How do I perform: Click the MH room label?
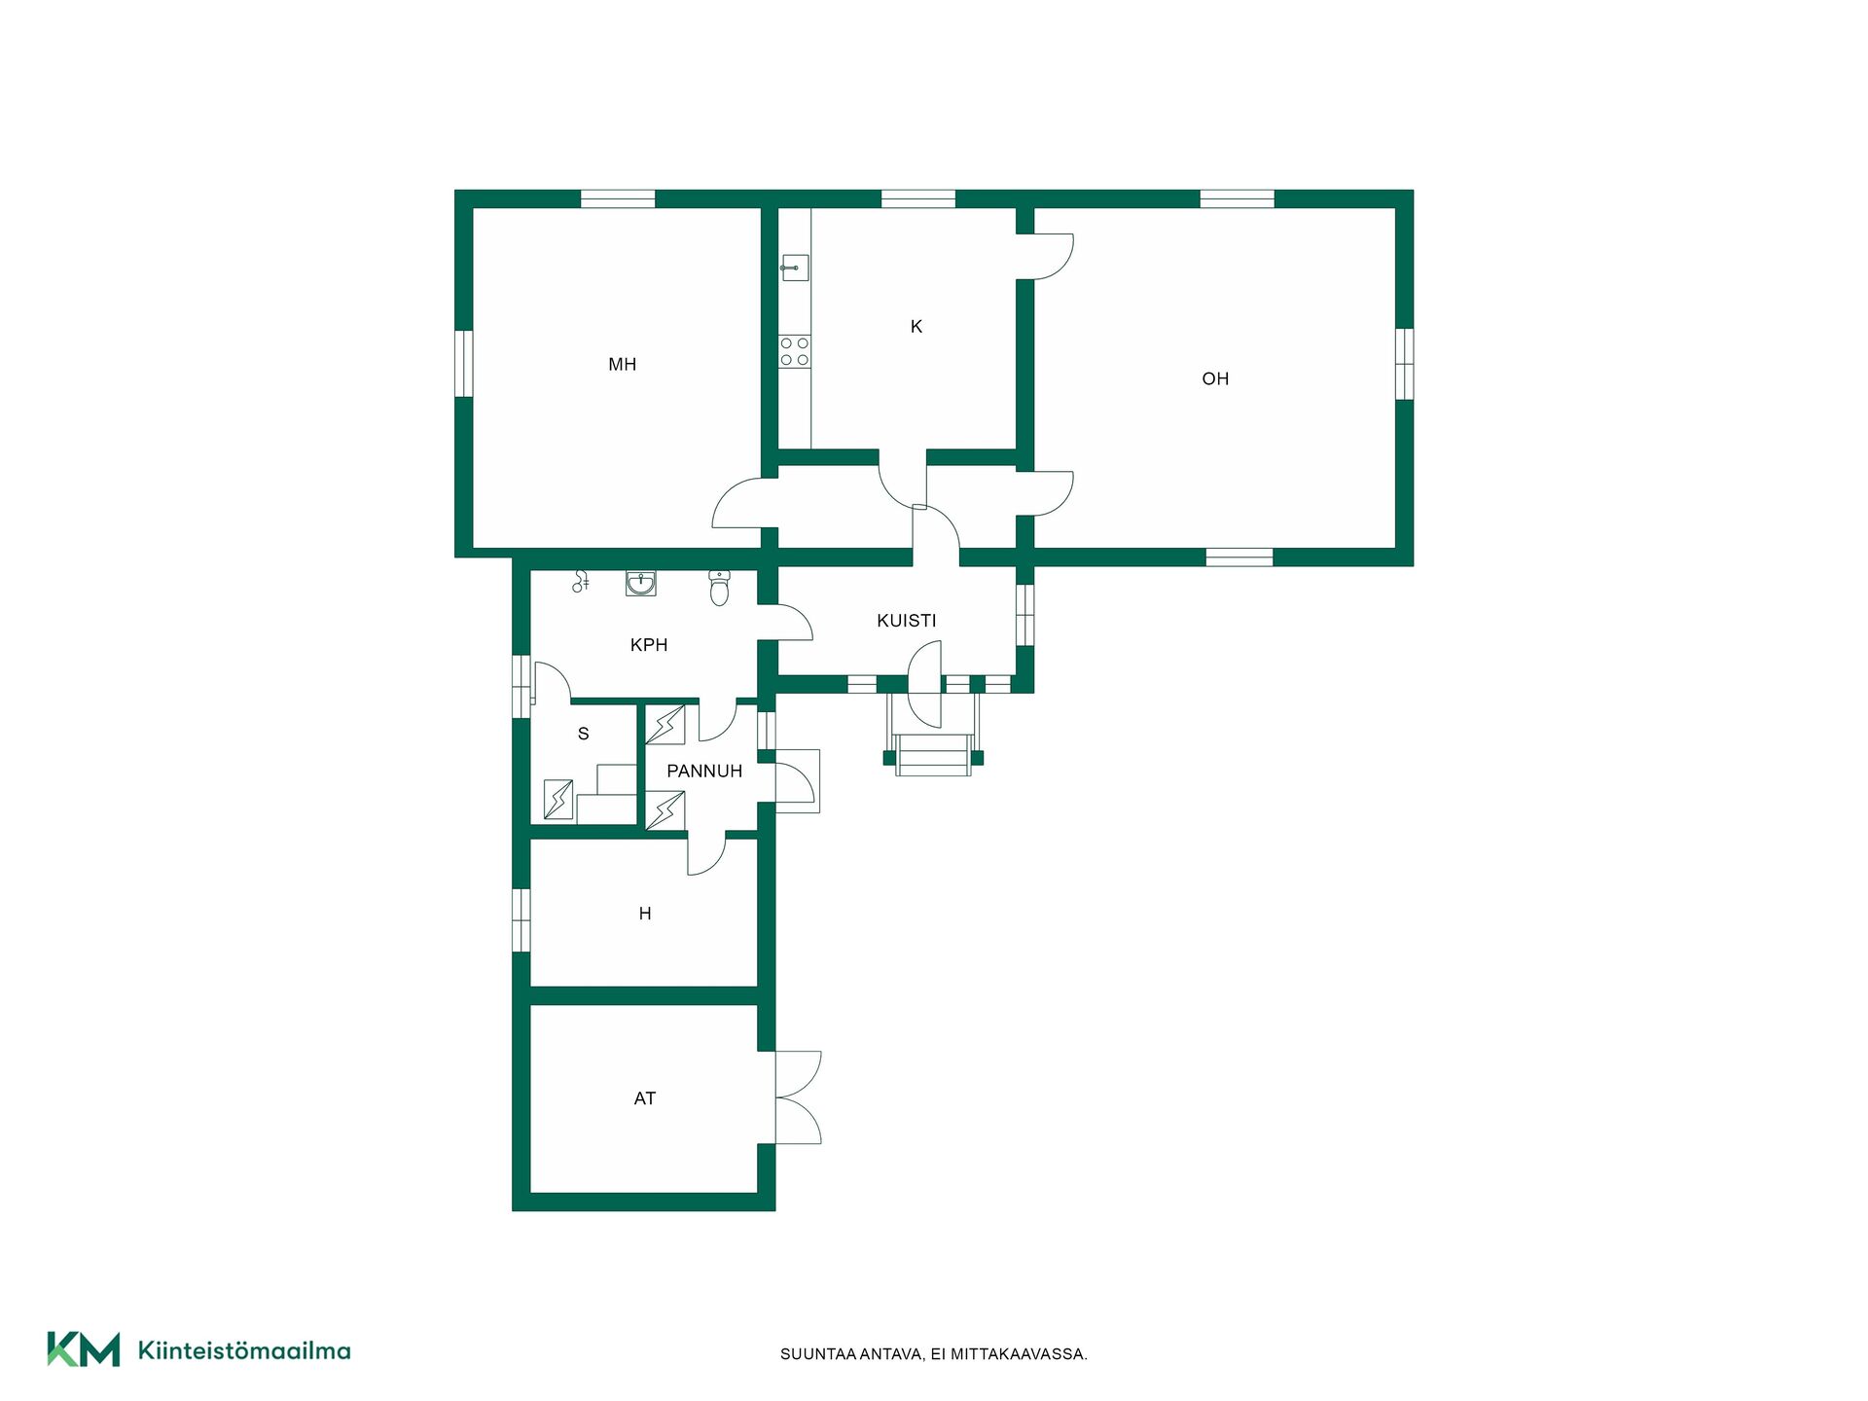pos(622,365)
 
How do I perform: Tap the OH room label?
pos(1215,379)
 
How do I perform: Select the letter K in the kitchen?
pos(916,327)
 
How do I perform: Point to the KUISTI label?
pos(906,621)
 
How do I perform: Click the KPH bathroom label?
pos(649,645)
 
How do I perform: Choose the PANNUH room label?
pos(704,772)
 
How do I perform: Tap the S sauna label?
pos(584,735)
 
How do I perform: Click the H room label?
pos(645,914)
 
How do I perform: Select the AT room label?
pos(645,1098)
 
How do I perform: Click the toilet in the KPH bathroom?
pos(719,588)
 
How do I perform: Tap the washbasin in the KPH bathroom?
pos(640,583)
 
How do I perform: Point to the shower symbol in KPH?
pos(581,581)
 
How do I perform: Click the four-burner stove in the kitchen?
pos(794,351)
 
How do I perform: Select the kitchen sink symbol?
pos(794,268)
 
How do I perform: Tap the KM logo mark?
pos(84,1349)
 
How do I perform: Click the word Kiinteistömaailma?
pos(244,1350)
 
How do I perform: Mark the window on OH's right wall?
pos(1404,364)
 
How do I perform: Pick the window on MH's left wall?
pos(464,364)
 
